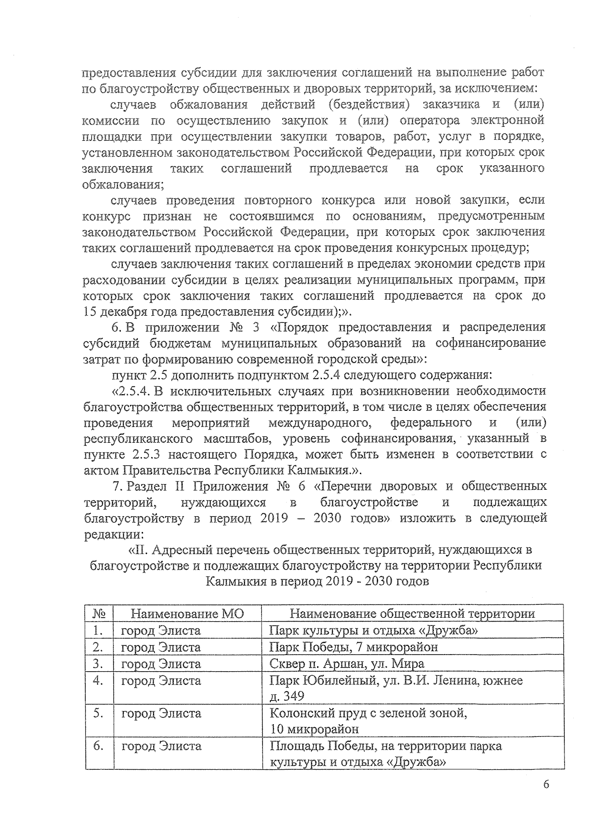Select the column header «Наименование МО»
click(187, 613)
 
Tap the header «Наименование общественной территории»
click(412, 613)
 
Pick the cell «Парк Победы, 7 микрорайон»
click(353, 647)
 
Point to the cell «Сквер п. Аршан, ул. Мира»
click(347, 664)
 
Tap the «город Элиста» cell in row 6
click(161, 746)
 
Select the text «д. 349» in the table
click(287, 696)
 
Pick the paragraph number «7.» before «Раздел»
click(117, 486)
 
